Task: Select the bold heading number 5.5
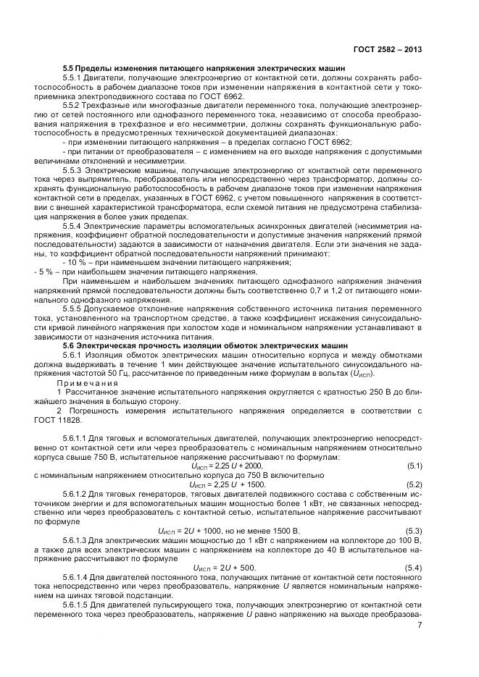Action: pos(70,68)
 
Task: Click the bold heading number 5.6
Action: pos(70,345)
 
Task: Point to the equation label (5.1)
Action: pos(414,465)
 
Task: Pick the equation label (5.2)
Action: pos(414,483)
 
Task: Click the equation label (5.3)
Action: pos(414,530)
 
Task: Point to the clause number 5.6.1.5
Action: pos(78,602)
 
